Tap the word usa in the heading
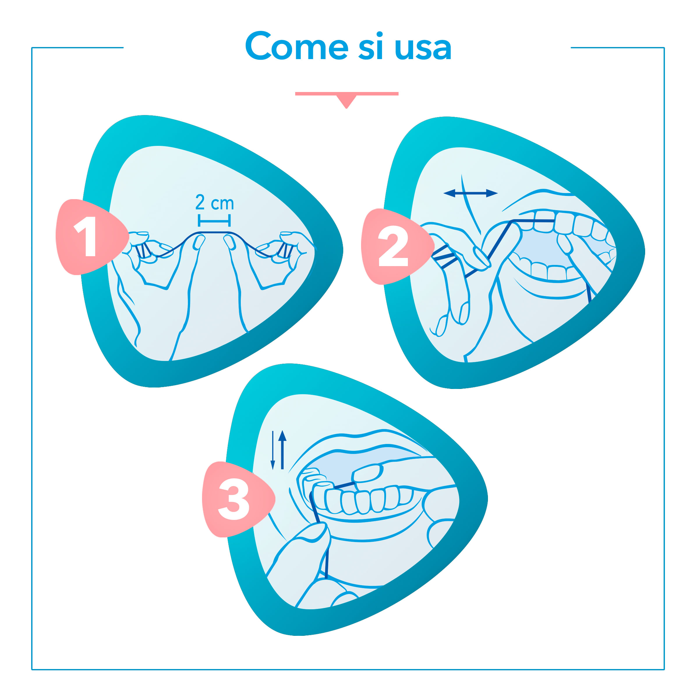point(423,49)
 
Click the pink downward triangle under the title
point(347,100)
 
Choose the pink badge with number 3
point(237,499)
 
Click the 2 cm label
point(215,202)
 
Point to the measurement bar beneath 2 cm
point(214,220)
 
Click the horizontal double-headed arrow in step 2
point(470,193)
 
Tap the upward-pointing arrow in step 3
point(283,450)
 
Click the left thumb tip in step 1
point(199,242)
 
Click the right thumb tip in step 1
point(230,242)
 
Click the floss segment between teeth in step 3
point(344,485)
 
